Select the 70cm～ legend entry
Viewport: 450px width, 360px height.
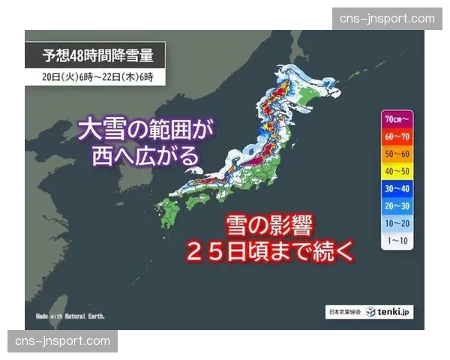coord(397,118)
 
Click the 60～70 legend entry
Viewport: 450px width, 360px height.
coord(397,136)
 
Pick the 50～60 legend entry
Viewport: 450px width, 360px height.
coord(397,154)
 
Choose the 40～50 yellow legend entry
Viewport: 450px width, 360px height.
coord(397,172)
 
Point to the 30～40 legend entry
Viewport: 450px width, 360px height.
coord(397,189)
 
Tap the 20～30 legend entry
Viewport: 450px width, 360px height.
coord(397,206)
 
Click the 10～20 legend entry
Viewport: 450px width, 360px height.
coord(397,223)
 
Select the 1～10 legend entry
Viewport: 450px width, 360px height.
coord(397,241)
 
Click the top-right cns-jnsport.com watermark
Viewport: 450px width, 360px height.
coord(387,19)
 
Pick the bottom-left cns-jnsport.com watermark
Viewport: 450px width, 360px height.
coord(63,341)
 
